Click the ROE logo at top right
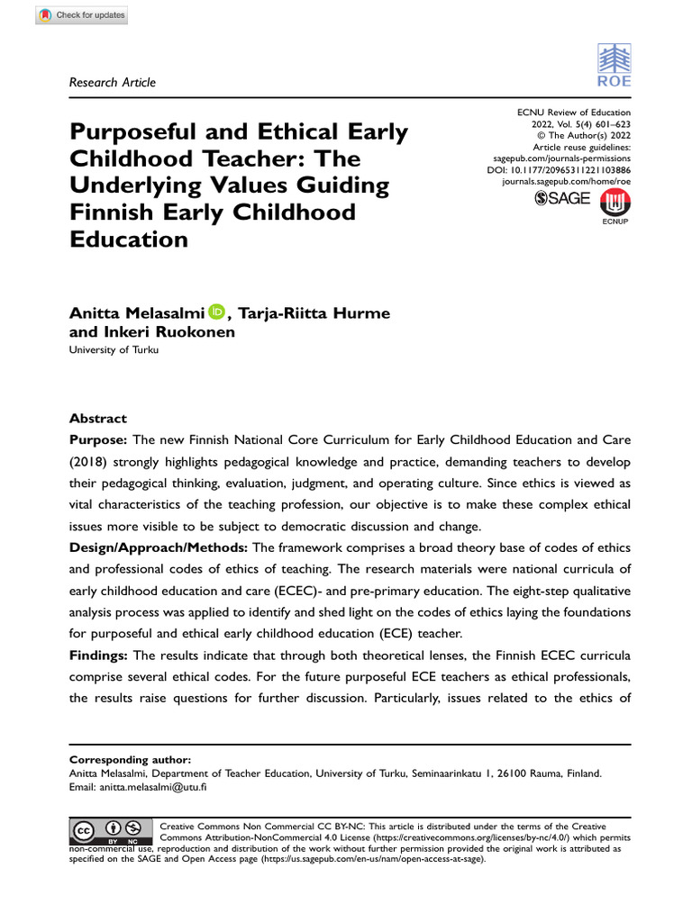614,68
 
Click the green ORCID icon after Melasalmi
218,312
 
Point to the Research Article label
112,82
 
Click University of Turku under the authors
114,350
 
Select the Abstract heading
98,419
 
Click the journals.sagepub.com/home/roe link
566,181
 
